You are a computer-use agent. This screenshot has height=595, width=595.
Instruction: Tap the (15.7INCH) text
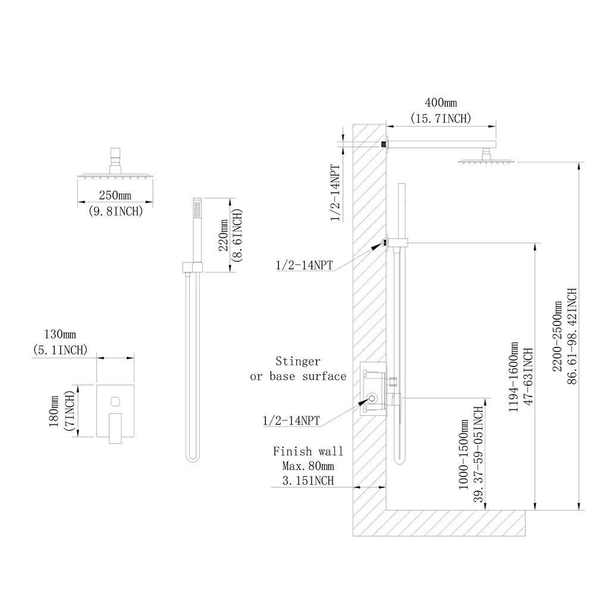[440, 118]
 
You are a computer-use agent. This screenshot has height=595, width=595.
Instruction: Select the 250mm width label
[110, 195]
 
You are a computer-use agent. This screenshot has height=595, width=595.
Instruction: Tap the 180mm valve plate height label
[55, 414]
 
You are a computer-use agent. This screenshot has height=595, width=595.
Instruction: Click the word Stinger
[297, 361]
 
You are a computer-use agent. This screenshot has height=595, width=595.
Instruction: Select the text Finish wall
[308, 452]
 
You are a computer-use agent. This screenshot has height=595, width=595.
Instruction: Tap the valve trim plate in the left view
[115, 411]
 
